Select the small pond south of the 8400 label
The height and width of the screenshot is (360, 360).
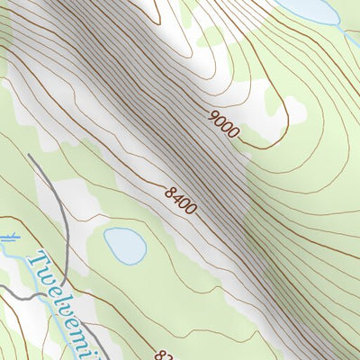[124, 245]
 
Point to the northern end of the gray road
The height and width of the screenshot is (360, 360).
[30, 157]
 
